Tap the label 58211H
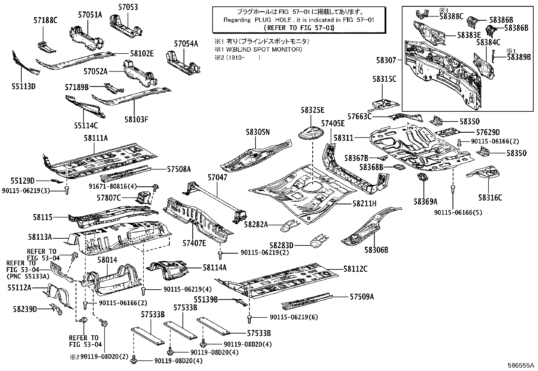(364, 204)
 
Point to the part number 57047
(217, 178)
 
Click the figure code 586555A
(521, 366)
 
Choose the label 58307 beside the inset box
(386, 60)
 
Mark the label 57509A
(362, 297)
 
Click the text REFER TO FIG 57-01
(298, 28)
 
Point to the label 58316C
(490, 198)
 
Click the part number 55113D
(23, 86)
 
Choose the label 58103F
(137, 119)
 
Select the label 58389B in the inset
(519, 57)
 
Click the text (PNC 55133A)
(28, 276)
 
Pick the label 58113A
(40, 238)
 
